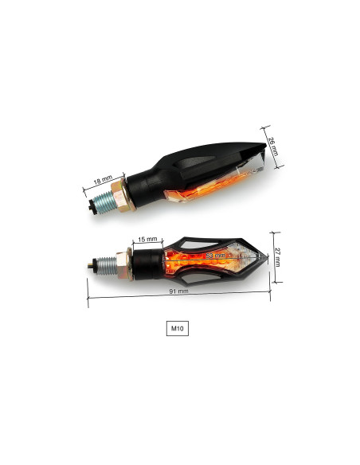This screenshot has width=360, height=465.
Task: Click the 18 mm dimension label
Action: (x=103, y=180)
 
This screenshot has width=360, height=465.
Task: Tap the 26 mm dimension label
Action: (x=273, y=147)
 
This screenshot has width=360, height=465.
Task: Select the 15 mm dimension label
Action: (x=147, y=239)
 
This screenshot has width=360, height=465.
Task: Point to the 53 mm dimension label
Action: (x=216, y=256)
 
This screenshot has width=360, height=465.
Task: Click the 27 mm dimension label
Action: (x=277, y=257)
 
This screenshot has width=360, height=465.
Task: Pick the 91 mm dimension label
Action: (x=178, y=291)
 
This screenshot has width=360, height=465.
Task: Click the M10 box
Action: (x=178, y=328)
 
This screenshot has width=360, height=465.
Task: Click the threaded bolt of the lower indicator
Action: (x=107, y=265)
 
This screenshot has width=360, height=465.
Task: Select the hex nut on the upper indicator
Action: (x=122, y=195)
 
